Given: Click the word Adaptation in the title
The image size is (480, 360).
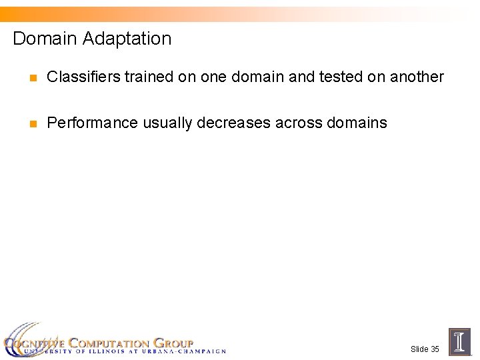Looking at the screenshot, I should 127,39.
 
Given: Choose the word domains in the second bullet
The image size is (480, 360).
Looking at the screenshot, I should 357,123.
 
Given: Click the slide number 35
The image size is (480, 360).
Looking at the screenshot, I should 435,349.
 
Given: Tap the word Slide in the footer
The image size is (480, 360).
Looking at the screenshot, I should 419,349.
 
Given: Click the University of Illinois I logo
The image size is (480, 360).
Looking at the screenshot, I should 459,342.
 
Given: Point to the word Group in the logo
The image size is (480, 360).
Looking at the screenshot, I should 173,343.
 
